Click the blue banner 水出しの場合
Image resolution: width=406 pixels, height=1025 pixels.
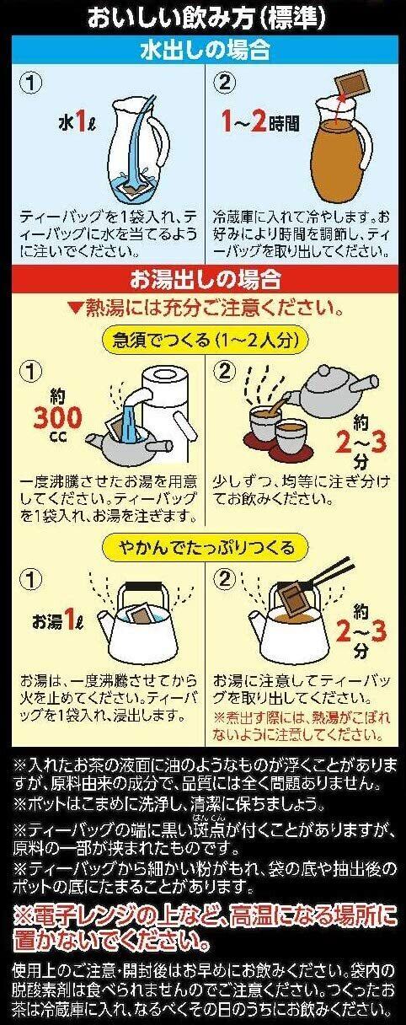coord(204,50)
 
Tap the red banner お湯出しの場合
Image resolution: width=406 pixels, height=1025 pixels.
coord(204,278)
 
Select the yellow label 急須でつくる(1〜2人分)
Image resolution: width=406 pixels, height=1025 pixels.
coord(204,340)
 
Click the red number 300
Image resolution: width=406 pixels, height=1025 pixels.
coord(57,417)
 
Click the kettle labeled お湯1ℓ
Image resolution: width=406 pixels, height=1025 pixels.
coord(137,619)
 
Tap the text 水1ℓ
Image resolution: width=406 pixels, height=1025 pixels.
coord(77,122)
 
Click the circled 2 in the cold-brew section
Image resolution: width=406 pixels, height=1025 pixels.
coord(225,83)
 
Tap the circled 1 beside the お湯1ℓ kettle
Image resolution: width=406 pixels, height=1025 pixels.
coord(31,579)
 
